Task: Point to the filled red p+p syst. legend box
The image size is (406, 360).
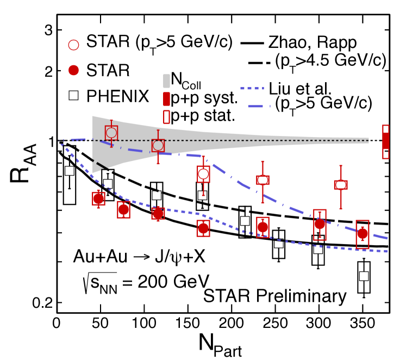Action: (x=167, y=100)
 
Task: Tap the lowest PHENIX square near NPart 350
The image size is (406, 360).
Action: (x=364, y=276)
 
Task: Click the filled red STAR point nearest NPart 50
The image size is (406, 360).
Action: (x=98, y=198)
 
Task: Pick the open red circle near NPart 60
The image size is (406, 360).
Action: (x=111, y=132)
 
